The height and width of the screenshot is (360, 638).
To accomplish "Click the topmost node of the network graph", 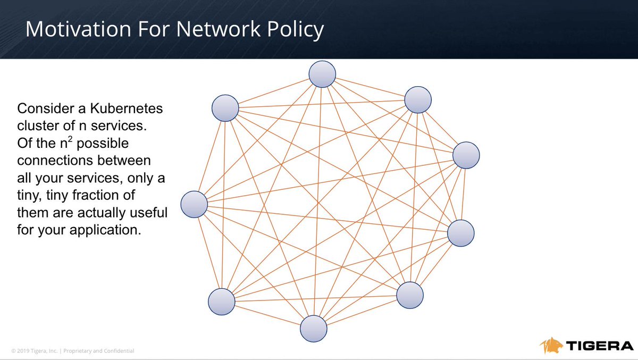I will [322, 74].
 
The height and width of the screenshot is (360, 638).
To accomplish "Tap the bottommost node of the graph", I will [313, 329].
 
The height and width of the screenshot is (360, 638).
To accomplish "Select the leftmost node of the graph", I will [194, 204].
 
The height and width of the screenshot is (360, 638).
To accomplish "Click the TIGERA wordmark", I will [598, 346].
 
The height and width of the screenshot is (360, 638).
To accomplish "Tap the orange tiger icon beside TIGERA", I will [551, 345].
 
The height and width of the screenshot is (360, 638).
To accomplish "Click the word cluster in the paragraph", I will [36, 127].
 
